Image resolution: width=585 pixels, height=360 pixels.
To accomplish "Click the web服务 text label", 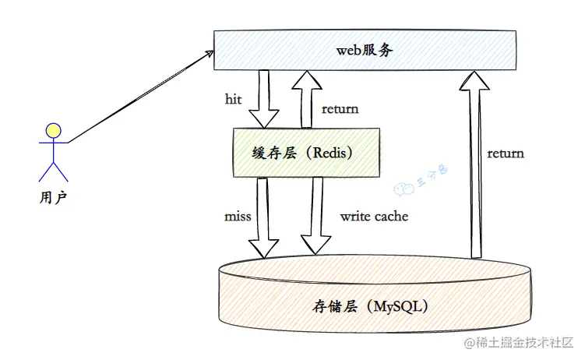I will coord(365,50).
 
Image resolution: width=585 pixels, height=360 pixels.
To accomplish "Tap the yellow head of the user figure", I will coord(52,129).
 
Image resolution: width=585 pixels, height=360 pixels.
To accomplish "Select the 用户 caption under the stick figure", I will coord(52,197).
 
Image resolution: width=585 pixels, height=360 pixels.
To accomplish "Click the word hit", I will coord(233,99).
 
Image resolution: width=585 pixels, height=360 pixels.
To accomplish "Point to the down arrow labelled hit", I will coord(264,98).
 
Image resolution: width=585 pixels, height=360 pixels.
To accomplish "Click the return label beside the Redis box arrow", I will coord(340,108).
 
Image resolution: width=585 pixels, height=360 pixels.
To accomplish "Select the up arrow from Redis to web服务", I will coord(306,97).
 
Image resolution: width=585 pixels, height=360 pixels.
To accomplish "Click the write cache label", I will coord(374,216).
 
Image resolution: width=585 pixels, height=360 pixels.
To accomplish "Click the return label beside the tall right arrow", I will coord(506,153).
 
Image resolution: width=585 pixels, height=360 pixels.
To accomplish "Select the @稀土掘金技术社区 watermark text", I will coord(519,343).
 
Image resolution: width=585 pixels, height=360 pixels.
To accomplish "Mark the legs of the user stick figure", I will coord(53,172).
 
